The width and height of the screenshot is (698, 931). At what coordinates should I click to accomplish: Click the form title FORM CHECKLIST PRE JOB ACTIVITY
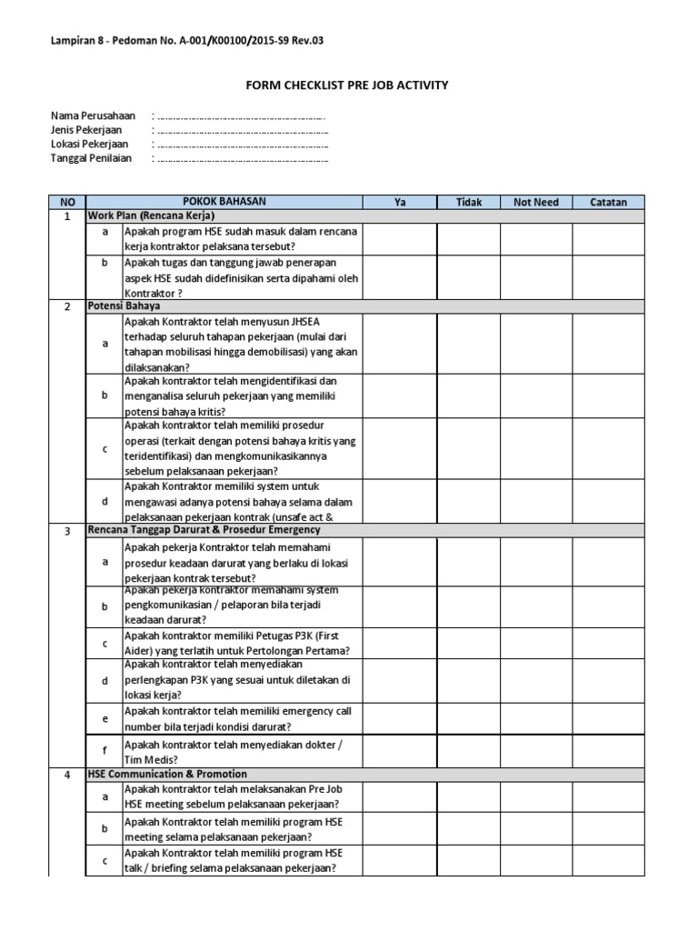[x=348, y=85]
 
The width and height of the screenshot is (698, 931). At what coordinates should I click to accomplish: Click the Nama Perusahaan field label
[x=93, y=116]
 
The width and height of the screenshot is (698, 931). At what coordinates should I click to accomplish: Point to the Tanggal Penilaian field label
[x=91, y=157]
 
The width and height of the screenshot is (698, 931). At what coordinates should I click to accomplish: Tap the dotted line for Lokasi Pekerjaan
[x=243, y=145]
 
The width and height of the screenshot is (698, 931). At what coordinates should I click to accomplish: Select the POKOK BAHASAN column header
[x=224, y=202]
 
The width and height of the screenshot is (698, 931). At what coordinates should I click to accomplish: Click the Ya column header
[x=399, y=202]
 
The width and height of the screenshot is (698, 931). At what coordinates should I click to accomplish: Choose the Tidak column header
[x=468, y=202]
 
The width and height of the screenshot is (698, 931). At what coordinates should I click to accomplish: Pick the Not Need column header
[x=536, y=202]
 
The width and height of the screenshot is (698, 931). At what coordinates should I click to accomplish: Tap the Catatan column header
[x=608, y=202]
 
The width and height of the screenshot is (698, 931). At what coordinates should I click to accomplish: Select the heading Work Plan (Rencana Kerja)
[x=151, y=216]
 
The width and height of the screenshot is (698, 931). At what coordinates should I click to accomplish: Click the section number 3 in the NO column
[x=66, y=530]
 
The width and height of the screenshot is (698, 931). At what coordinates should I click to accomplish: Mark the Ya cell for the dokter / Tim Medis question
[x=399, y=752]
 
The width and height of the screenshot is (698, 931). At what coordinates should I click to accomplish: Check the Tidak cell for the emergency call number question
[x=468, y=718]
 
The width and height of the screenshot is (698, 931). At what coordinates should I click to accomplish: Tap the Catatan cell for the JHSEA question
[x=608, y=344]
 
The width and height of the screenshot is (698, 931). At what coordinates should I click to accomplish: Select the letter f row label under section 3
[x=105, y=752]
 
